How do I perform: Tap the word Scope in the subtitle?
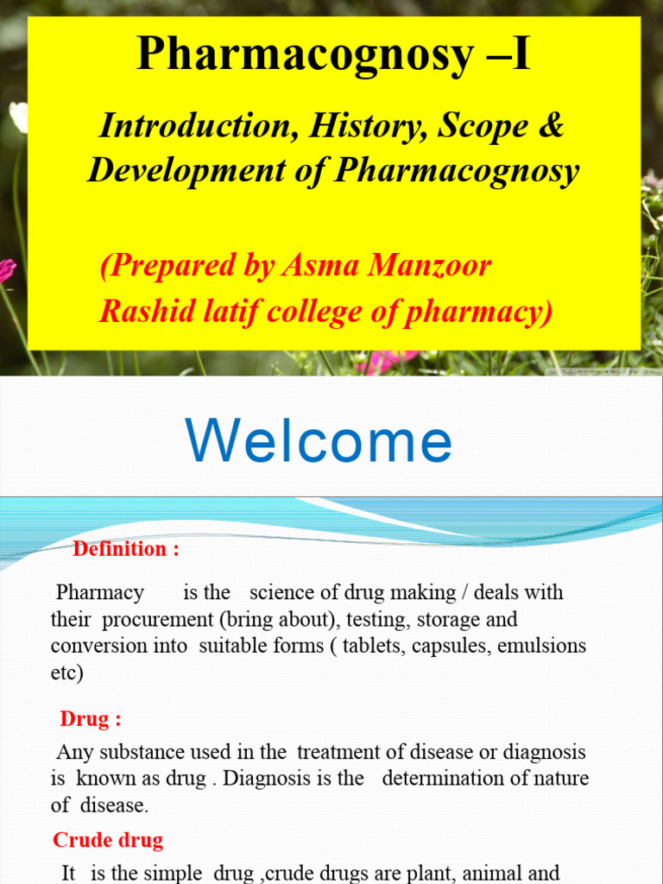pos(483,126)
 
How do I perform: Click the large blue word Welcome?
pos(319,441)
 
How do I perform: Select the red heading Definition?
pos(120,549)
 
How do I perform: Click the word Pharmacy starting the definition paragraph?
pos(100,593)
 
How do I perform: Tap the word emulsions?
pos(543,646)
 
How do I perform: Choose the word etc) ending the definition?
pos(67,672)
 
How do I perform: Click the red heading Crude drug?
pos(108,840)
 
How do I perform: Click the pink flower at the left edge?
pos(7,269)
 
